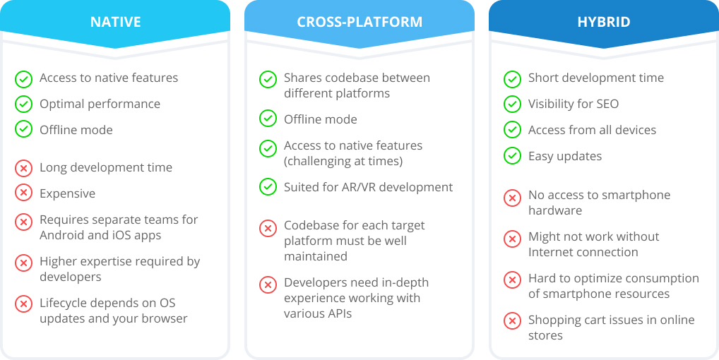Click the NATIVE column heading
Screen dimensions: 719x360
click(x=115, y=22)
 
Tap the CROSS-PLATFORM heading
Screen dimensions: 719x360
click(x=359, y=22)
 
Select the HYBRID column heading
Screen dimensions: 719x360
click(x=603, y=22)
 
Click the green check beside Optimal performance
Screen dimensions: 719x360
click(x=23, y=104)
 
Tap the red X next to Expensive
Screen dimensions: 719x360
click(x=23, y=193)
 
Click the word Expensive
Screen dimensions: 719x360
click(x=67, y=193)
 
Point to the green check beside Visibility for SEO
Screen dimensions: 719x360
click(x=512, y=104)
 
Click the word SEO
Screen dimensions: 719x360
click(x=607, y=104)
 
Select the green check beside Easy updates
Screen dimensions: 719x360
click(x=512, y=156)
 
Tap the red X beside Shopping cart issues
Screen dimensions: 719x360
click(x=512, y=320)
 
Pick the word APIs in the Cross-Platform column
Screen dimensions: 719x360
click(x=338, y=313)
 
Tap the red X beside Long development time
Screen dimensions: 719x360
click(x=23, y=167)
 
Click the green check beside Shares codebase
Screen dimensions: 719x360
click(x=268, y=79)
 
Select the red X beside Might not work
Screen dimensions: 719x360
click(x=512, y=238)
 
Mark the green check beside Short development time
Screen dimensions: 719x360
click(x=512, y=79)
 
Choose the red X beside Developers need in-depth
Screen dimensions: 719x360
click(x=268, y=284)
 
